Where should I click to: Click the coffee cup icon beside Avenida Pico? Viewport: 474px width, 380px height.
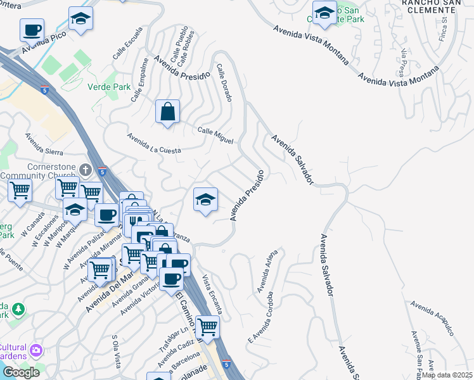32,29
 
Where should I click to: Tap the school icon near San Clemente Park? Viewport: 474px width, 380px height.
324,13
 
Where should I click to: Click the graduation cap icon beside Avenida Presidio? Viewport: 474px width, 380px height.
205,200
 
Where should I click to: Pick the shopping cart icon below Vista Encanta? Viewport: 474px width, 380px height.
207,327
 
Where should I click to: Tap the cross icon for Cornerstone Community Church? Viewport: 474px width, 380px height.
87,169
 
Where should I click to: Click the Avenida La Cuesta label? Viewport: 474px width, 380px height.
153,143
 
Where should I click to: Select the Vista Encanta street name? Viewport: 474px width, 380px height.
213,294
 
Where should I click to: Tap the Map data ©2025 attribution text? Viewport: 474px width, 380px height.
447,375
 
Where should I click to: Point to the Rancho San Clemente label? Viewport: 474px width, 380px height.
438,4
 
